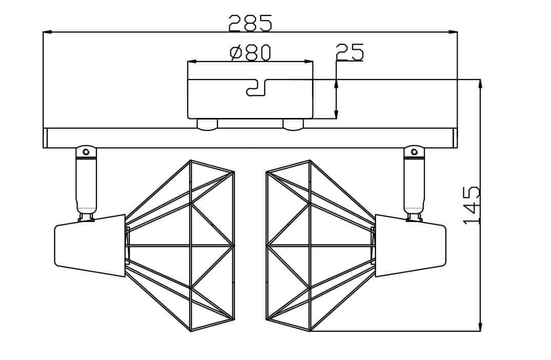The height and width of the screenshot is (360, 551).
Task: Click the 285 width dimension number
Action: [250, 23]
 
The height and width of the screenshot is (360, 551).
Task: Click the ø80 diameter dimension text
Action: [250, 52]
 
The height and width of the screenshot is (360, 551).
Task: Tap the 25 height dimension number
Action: [349, 52]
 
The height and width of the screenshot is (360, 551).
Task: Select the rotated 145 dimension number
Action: [471, 205]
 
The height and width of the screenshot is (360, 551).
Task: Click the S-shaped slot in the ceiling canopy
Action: [257, 88]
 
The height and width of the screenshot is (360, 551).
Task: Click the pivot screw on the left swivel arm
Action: [86, 151]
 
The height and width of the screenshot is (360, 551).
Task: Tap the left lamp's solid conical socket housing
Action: [90, 246]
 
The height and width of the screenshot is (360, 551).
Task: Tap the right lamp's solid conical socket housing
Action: [410, 246]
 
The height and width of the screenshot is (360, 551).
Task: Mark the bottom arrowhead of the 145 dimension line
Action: [480, 327]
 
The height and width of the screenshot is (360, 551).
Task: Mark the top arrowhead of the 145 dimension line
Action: [480, 84]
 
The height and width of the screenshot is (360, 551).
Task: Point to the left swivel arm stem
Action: [86, 185]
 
